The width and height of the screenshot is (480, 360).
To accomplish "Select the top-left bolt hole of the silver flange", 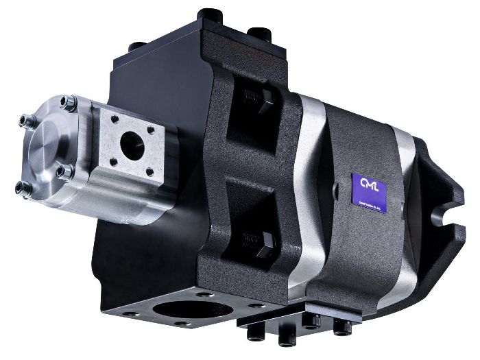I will (x=115, y=120).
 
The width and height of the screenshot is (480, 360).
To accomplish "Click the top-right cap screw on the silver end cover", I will (x=69, y=104).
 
